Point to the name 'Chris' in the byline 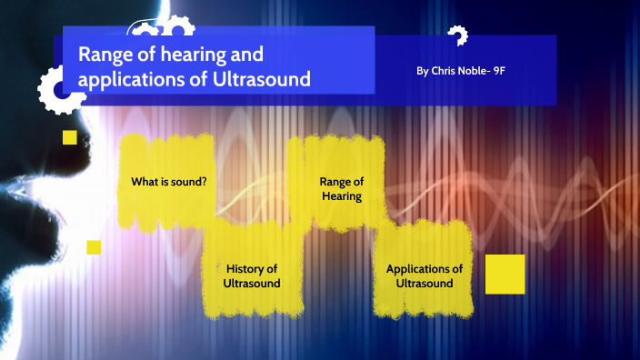click(x=445, y=70)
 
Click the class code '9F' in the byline click(x=498, y=70)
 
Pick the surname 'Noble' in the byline click(x=475, y=70)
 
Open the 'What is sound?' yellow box click(x=168, y=182)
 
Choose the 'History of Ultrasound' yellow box click(x=252, y=275)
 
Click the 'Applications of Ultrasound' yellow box click(x=425, y=275)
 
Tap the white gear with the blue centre click(x=60, y=89)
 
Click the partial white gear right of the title click(x=457, y=36)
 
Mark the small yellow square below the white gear click(x=69, y=137)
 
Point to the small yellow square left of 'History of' click(x=94, y=246)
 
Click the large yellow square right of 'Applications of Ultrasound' click(x=505, y=274)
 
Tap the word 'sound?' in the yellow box click(x=189, y=182)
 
